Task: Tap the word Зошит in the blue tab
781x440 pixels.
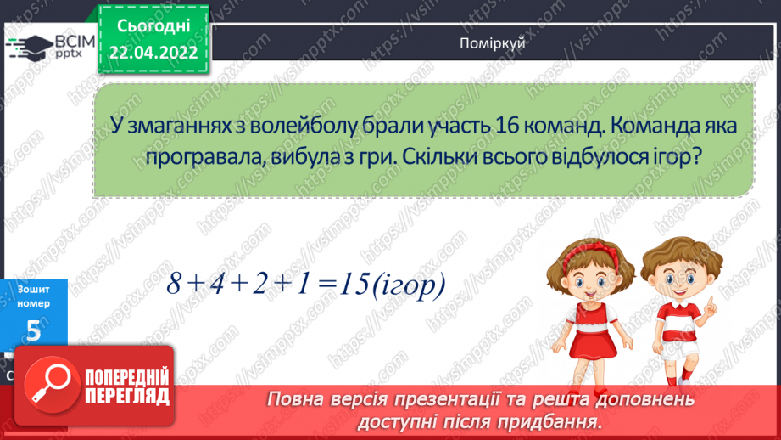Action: (x=33, y=290)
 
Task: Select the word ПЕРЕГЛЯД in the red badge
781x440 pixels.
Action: (x=128, y=396)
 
